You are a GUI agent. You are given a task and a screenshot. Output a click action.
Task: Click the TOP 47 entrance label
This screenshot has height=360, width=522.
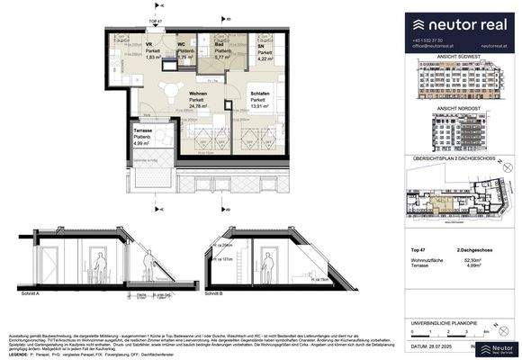(155, 21)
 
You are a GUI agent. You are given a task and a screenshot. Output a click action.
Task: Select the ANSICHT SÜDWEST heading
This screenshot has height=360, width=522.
(460, 57)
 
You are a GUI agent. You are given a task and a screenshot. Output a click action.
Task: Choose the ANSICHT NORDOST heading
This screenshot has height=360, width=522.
(460, 108)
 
